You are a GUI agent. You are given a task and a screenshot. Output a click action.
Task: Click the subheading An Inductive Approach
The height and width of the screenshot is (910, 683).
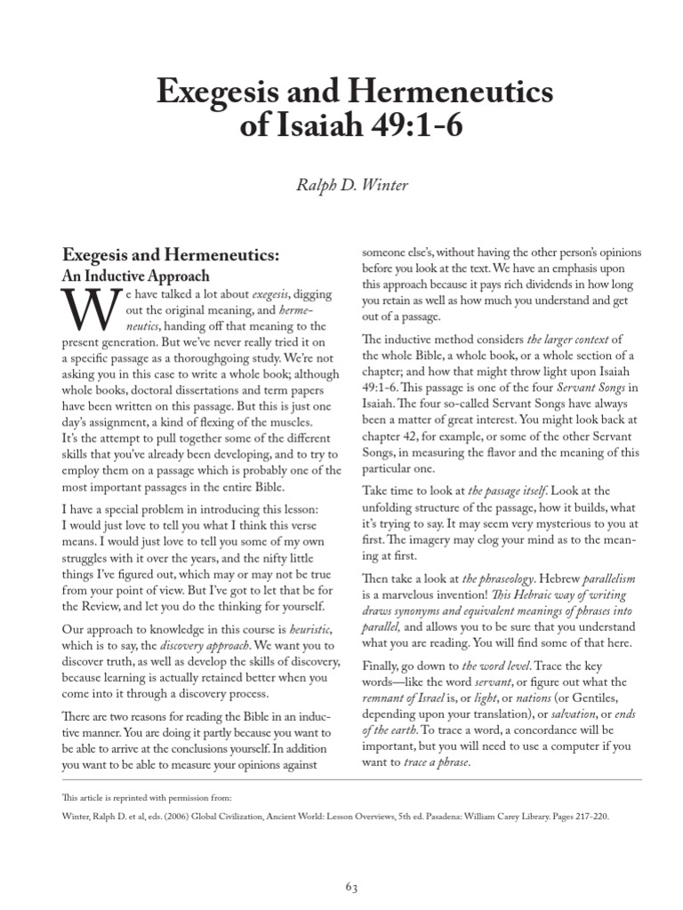click(x=134, y=275)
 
